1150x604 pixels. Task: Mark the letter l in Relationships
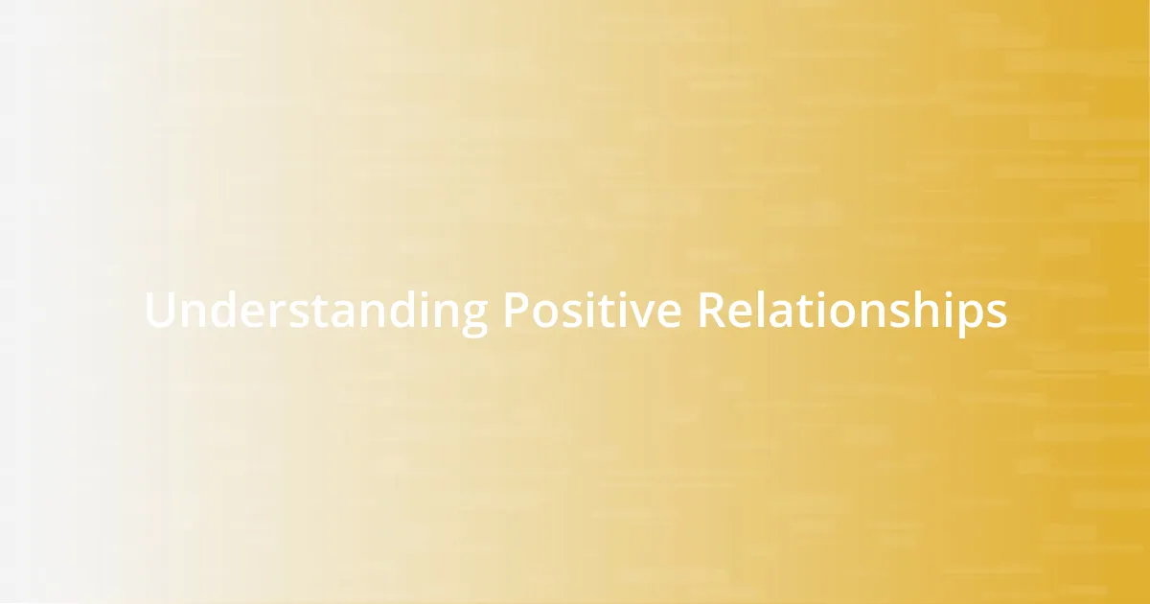click(x=762, y=310)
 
